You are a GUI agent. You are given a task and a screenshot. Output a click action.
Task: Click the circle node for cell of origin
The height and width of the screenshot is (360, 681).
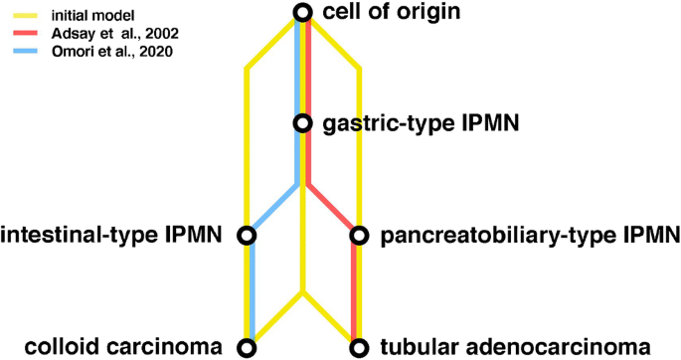(x=304, y=13)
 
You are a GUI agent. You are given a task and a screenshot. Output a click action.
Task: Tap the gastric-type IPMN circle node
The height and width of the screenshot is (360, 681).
(x=304, y=124)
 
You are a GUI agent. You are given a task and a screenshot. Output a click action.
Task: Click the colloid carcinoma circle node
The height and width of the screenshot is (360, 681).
(x=249, y=347)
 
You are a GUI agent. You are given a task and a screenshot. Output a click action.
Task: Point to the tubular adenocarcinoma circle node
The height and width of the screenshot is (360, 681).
(x=358, y=347)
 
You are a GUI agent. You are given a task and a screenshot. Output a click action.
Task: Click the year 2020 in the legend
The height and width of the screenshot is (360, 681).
(x=150, y=51)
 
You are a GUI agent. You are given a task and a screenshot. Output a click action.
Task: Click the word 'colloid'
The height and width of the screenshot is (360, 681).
(x=60, y=347)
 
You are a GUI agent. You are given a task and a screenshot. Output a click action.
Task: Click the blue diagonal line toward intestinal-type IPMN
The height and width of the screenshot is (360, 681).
(x=273, y=209)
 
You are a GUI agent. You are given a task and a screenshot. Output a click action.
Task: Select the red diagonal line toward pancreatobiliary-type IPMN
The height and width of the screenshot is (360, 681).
(x=332, y=209)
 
